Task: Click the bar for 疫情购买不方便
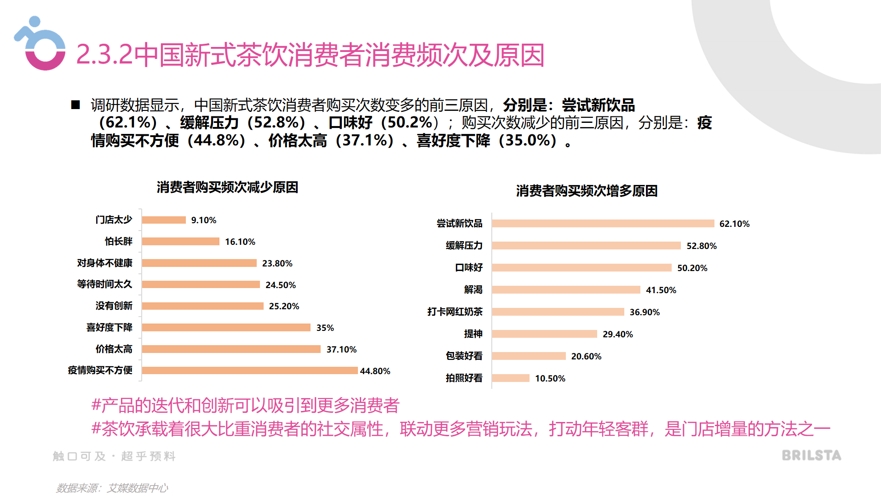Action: (x=250, y=370)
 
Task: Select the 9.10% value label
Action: (x=204, y=220)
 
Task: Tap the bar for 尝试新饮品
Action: (x=603, y=224)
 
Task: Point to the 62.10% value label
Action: (x=734, y=224)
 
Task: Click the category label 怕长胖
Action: (x=118, y=242)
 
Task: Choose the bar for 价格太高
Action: (x=231, y=349)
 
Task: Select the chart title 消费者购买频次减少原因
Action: (x=227, y=187)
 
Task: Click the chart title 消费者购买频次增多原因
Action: (x=587, y=191)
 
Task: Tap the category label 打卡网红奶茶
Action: (x=455, y=312)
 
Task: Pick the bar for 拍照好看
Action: (x=511, y=378)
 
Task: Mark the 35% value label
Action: (x=325, y=328)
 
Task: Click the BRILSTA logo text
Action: (x=812, y=456)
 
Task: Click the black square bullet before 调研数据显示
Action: (x=75, y=105)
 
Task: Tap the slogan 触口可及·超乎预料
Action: (x=114, y=456)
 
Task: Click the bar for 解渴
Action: (x=566, y=290)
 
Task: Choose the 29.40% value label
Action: (x=617, y=335)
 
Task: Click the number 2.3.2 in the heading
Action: (x=104, y=55)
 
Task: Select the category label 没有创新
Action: (x=114, y=306)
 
